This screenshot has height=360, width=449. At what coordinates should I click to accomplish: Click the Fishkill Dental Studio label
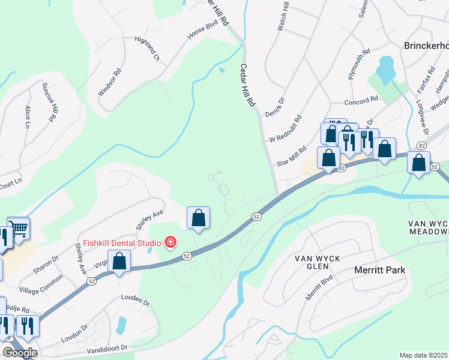click(x=118, y=243)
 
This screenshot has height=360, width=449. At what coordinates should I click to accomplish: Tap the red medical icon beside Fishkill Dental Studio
click(x=171, y=243)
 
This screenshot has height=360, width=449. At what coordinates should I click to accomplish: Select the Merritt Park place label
click(x=379, y=270)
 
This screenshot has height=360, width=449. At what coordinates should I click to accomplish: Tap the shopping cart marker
click(x=19, y=228)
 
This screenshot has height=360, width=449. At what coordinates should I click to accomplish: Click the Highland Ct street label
click(x=147, y=49)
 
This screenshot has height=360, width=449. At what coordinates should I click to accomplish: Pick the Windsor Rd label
click(x=110, y=80)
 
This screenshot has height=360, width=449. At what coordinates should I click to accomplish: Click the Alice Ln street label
click(x=27, y=117)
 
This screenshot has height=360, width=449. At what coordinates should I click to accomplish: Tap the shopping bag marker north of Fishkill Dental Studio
click(x=198, y=218)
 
